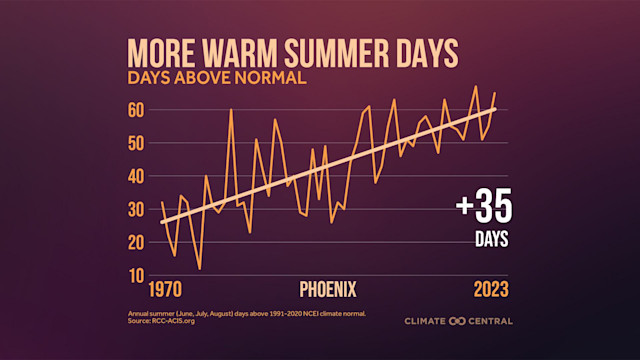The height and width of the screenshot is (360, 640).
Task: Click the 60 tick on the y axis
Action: coord(137,109)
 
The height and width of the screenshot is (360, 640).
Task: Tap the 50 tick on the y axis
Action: coord(137,142)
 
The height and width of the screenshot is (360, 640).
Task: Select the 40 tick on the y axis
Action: coord(137,176)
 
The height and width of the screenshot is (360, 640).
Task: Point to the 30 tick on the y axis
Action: coord(137,209)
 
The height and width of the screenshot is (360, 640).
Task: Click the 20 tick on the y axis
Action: coord(137,242)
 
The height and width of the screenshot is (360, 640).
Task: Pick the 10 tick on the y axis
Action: coord(137,275)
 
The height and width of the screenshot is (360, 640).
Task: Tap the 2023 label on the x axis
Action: coord(491,290)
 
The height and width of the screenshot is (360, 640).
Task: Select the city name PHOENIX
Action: coord(328,290)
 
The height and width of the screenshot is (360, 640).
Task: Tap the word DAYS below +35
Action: coord(491,240)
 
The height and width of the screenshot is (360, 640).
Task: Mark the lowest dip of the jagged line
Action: coord(200,268)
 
